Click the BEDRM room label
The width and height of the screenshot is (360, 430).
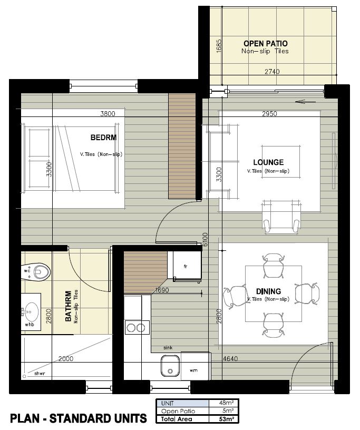coord(103,137)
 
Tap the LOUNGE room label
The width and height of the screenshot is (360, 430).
coord(268,162)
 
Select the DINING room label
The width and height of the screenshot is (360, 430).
coord(268,291)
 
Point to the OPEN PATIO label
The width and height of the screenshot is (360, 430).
coord(266,43)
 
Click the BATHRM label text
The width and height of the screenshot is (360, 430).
coord(69,306)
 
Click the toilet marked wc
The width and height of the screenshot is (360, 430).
coord(38,272)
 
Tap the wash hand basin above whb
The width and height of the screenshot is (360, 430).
coord(30,312)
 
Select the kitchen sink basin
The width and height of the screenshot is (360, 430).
coord(170,366)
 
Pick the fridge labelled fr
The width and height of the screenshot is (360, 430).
coord(187,266)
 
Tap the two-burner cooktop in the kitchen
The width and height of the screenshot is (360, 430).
coord(137,327)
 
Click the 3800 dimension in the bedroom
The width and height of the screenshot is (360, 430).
coord(108,113)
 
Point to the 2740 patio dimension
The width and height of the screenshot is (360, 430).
coord(272,72)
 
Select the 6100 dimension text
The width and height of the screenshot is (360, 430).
coord(205,240)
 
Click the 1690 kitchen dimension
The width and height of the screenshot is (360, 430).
coord(162,290)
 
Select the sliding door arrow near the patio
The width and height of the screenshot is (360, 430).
coord(305,102)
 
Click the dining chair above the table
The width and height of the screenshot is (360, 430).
coord(273,265)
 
